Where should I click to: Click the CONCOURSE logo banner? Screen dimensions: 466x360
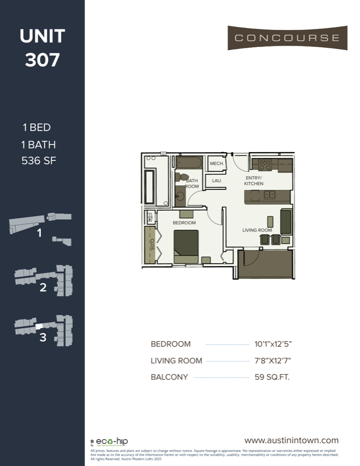coord(287,38)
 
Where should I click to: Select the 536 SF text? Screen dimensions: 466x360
coord(39,161)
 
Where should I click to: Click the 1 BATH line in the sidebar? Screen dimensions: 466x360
coord(39,144)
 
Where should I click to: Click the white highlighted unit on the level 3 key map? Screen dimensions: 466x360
coord(38,326)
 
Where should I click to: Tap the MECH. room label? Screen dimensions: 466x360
coord(217,164)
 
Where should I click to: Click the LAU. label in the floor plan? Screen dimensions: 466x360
coord(217,181)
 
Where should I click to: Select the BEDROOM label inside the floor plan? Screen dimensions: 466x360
coord(184,223)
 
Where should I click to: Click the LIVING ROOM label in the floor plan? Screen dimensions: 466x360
coord(257,230)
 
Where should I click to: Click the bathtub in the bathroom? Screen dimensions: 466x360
coord(188,163)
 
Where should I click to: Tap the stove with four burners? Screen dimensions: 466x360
coord(265,165)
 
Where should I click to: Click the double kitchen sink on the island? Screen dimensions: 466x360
coord(269,195)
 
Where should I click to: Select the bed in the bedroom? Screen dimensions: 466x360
coord(186,246)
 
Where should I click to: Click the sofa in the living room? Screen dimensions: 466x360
coord(286,222)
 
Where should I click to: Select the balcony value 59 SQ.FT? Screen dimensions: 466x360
coord(272,377)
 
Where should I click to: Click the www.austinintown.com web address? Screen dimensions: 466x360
coord(291,440)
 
